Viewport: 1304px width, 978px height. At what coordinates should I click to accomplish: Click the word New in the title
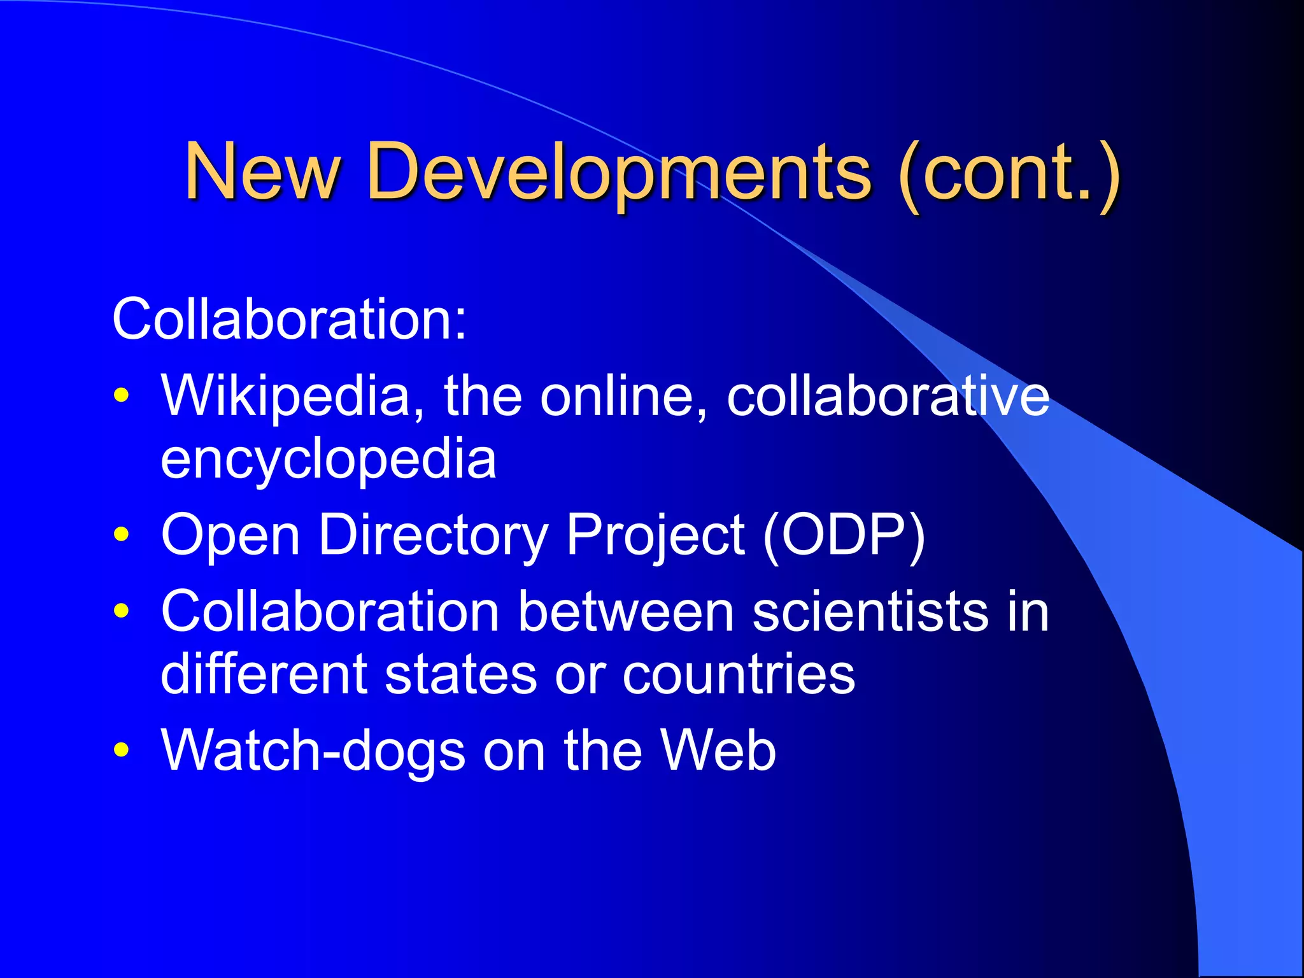262,171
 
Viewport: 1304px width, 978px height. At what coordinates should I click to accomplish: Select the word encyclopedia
328,460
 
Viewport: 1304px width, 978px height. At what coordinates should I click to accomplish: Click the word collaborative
888,396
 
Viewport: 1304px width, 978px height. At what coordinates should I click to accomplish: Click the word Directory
433,535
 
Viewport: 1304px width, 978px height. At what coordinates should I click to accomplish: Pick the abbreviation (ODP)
843,535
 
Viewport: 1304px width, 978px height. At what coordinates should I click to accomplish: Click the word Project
655,535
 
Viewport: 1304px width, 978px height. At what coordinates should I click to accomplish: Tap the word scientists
870,611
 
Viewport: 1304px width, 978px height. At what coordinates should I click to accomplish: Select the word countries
739,675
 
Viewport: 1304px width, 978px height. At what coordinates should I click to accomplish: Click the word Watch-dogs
313,750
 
